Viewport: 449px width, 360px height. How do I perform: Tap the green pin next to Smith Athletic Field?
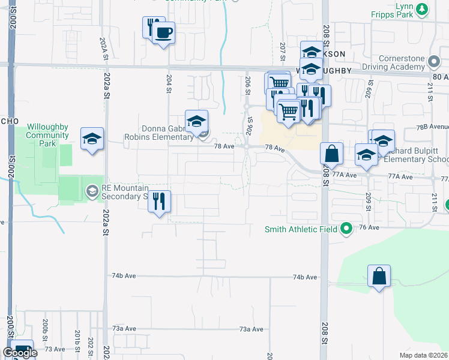tap(346, 229)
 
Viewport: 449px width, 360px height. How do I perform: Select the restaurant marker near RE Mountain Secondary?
tap(159, 201)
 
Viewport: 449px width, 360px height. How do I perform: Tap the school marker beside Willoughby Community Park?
tap(92, 139)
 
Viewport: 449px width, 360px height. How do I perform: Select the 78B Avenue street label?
tap(433, 127)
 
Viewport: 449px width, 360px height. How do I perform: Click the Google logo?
tap(20, 353)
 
